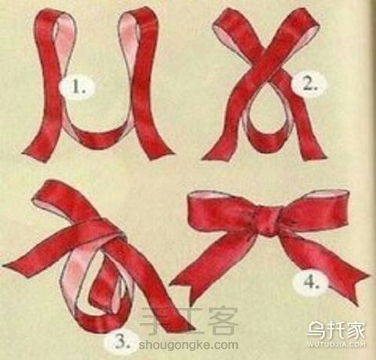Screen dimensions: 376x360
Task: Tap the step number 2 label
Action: (x=308, y=84)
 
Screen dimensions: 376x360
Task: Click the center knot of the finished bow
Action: (x=267, y=222)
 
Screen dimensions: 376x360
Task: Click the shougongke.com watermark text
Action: (x=188, y=345)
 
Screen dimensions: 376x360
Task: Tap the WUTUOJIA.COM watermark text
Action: (x=335, y=344)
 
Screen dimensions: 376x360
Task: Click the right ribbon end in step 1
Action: (x=160, y=152)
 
